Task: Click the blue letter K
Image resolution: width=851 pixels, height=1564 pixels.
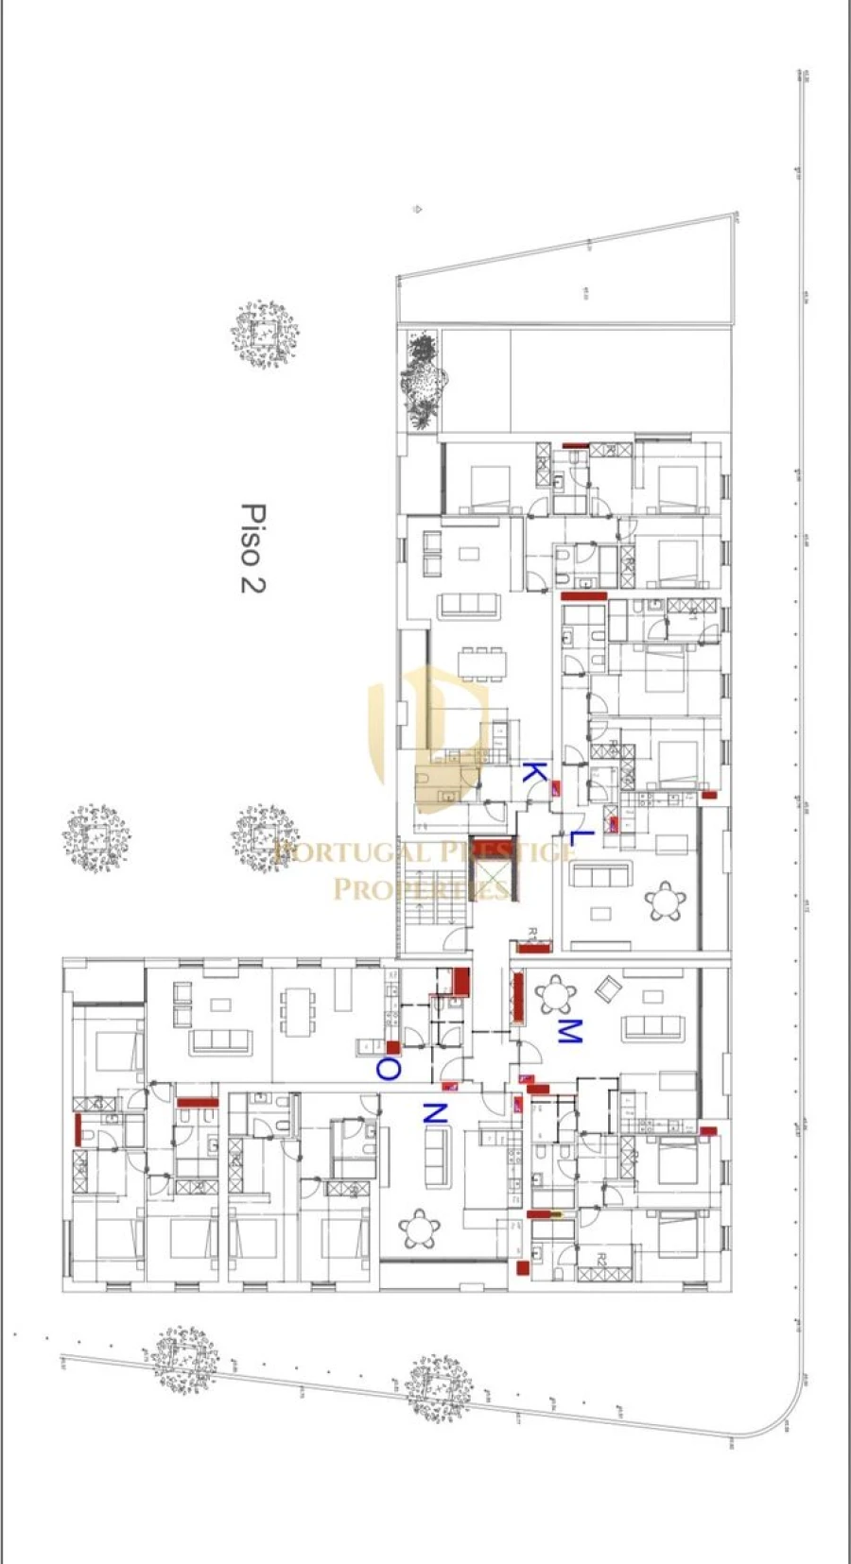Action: (534, 773)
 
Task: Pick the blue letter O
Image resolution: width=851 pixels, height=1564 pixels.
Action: (389, 1069)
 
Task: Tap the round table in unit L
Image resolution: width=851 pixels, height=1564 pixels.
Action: (666, 902)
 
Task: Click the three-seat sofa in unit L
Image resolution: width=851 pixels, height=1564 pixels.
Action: (601, 875)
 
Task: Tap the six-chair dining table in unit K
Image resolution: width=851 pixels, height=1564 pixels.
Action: (482, 662)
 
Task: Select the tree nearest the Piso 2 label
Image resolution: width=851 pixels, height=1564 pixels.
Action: (265, 335)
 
